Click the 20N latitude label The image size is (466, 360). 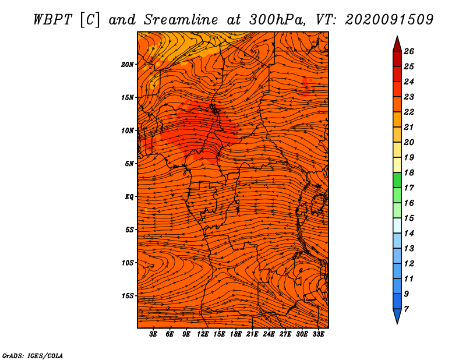pyautogui.click(x=127, y=65)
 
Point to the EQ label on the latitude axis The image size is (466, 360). pyautogui.click(x=129, y=197)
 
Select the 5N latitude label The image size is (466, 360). pyautogui.click(x=129, y=164)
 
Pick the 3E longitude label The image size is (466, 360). pyautogui.click(x=153, y=334)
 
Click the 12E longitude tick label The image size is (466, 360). pyautogui.click(x=203, y=334)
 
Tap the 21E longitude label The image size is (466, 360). pyautogui.click(x=252, y=334)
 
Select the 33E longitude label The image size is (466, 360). pyautogui.click(x=318, y=334)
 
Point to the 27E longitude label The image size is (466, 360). pyautogui.click(x=285, y=334)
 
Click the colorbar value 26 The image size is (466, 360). pyautogui.click(x=409, y=51)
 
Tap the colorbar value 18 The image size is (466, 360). pyautogui.click(x=409, y=172)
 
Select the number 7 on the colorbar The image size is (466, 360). pyautogui.click(x=406, y=309)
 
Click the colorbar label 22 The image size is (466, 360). pyautogui.click(x=409, y=112)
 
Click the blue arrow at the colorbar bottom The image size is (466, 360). pyautogui.click(x=397, y=315)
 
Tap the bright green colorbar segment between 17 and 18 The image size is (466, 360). pyautogui.click(x=397, y=180)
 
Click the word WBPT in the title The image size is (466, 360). pyautogui.click(x=53, y=20)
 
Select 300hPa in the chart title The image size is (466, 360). pyautogui.click(x=277, y=20)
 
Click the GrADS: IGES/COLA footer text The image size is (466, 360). pyautogui.click(x=33, y=356)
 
